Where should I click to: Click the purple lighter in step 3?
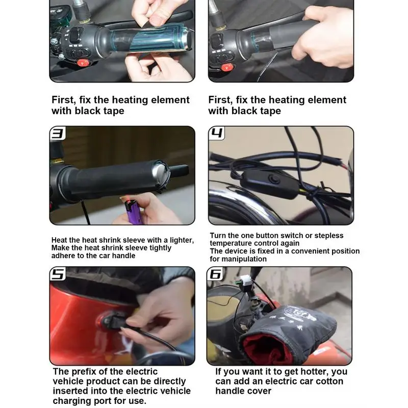(131, 212)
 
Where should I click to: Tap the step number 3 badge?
(58, 133)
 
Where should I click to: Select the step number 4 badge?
(216, 133)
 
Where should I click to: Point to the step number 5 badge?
(58, 274)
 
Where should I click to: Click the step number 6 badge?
(215, 274)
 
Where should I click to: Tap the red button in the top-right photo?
(226, 67)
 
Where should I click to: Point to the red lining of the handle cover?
(265, 349)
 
